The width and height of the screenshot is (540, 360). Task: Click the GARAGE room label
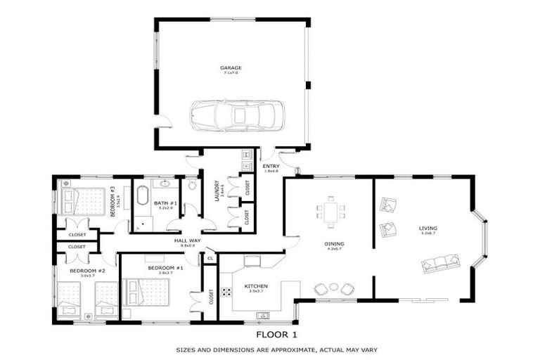coord(230,68)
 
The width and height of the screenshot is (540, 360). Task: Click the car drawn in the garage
coord(237,115)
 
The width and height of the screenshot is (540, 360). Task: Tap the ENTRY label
coord(271,167)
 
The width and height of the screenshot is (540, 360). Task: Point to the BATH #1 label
coord(165,204)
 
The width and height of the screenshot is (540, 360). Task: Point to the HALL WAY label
coord(188,241)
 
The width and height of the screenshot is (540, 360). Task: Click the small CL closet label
coord(210,259)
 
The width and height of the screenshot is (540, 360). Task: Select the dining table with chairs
coord(331,212)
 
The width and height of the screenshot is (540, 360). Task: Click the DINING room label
coord(333,245)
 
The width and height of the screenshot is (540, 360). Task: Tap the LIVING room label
coord(428,229)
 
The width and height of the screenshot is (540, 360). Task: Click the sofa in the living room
coord(440,264)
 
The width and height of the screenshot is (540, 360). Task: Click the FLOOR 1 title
coord(276,334)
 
